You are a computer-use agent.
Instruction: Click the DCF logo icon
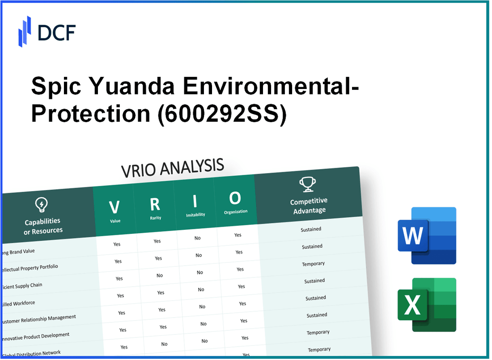[25, 31]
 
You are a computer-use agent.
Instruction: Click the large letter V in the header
[114, 207]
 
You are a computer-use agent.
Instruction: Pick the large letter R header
[155, 204]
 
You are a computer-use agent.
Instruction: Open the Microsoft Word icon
[427, 236]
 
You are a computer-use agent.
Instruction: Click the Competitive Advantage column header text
[309, 206]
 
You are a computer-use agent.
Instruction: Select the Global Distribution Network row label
[31, 354]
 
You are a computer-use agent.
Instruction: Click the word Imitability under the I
[195, 215]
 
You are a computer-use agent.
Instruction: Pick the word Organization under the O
[236, 212]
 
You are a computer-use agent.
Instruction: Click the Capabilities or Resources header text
[43, 226]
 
